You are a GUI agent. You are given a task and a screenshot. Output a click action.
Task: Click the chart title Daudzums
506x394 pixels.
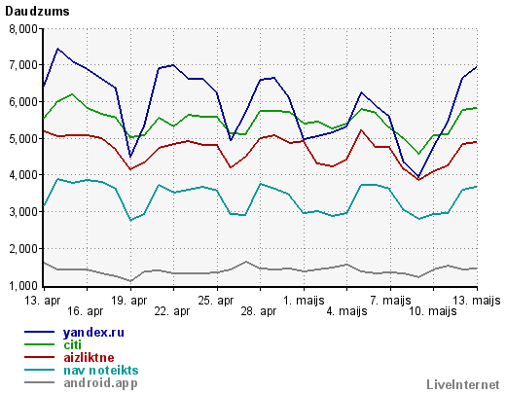37,12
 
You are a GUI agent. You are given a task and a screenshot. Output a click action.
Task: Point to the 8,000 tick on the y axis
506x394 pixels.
23,29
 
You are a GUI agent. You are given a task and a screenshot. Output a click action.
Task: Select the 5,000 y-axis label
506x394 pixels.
23,139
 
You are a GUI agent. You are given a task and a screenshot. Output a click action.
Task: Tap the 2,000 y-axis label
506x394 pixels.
23,249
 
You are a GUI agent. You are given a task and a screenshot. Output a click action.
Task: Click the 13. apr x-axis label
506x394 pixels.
43,301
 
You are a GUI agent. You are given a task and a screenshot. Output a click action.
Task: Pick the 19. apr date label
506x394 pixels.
129,301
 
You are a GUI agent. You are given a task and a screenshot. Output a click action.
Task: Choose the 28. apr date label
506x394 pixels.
259,311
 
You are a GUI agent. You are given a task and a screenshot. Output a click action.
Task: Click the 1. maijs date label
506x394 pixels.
304,301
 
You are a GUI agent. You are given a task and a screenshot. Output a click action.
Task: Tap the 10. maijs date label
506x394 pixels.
433,311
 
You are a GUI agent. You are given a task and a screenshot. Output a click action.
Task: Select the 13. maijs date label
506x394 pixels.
477,301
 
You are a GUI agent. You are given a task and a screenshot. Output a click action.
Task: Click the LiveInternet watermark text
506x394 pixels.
463,384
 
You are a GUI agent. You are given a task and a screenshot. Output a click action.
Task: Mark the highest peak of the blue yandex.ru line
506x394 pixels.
57,49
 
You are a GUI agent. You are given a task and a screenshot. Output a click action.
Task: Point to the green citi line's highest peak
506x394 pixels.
72,94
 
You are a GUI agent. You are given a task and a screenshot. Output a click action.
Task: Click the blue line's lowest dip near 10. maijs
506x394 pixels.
418,177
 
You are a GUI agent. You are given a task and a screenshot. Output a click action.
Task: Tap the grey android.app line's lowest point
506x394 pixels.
130,281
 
